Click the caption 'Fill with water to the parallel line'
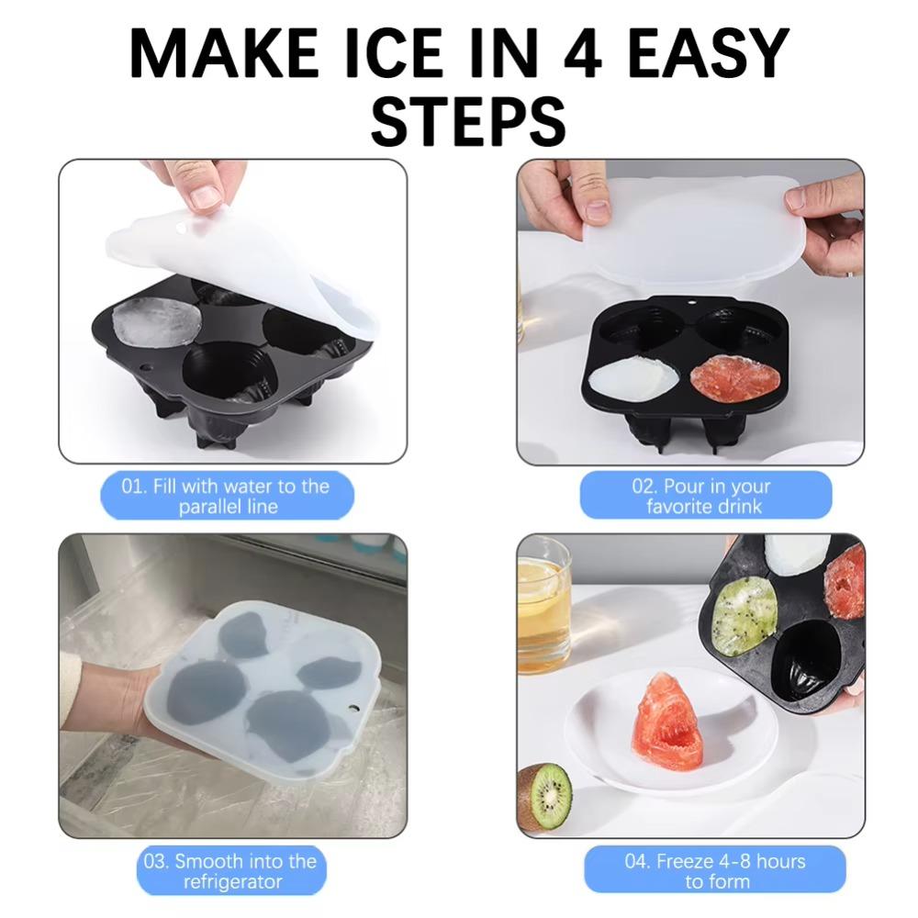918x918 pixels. [227, 496]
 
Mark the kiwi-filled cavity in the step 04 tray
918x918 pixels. [744, 615]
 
